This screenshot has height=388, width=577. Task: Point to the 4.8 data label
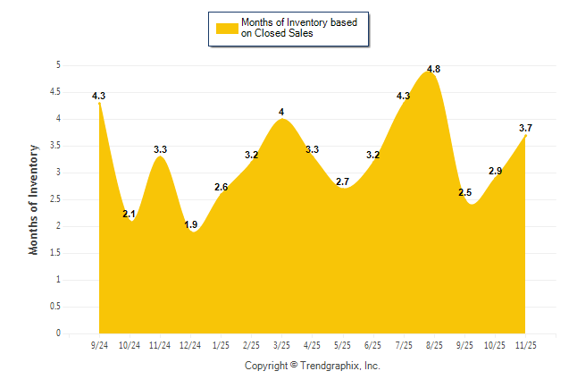coord(434,69)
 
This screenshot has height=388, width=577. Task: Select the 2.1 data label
coord(129,214)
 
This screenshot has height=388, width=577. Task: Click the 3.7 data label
coord(525,129)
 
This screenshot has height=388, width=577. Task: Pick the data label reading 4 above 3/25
coord(281,113)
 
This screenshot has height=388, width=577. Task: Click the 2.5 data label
coord(465,193)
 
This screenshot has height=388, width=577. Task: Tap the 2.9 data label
coord(495,171)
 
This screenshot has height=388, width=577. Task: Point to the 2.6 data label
coord(222,187)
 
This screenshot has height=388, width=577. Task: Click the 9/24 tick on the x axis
coord(99,344)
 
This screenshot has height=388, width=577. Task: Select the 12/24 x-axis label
coord(190,344)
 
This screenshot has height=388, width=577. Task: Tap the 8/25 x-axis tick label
coord(434,344)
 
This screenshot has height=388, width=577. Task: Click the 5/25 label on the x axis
coord(343,344)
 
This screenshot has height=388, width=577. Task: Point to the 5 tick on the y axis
coord(58,65)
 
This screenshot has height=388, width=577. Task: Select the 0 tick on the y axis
coord(58,333)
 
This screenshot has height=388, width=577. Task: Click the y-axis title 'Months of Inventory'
coord(34,199)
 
